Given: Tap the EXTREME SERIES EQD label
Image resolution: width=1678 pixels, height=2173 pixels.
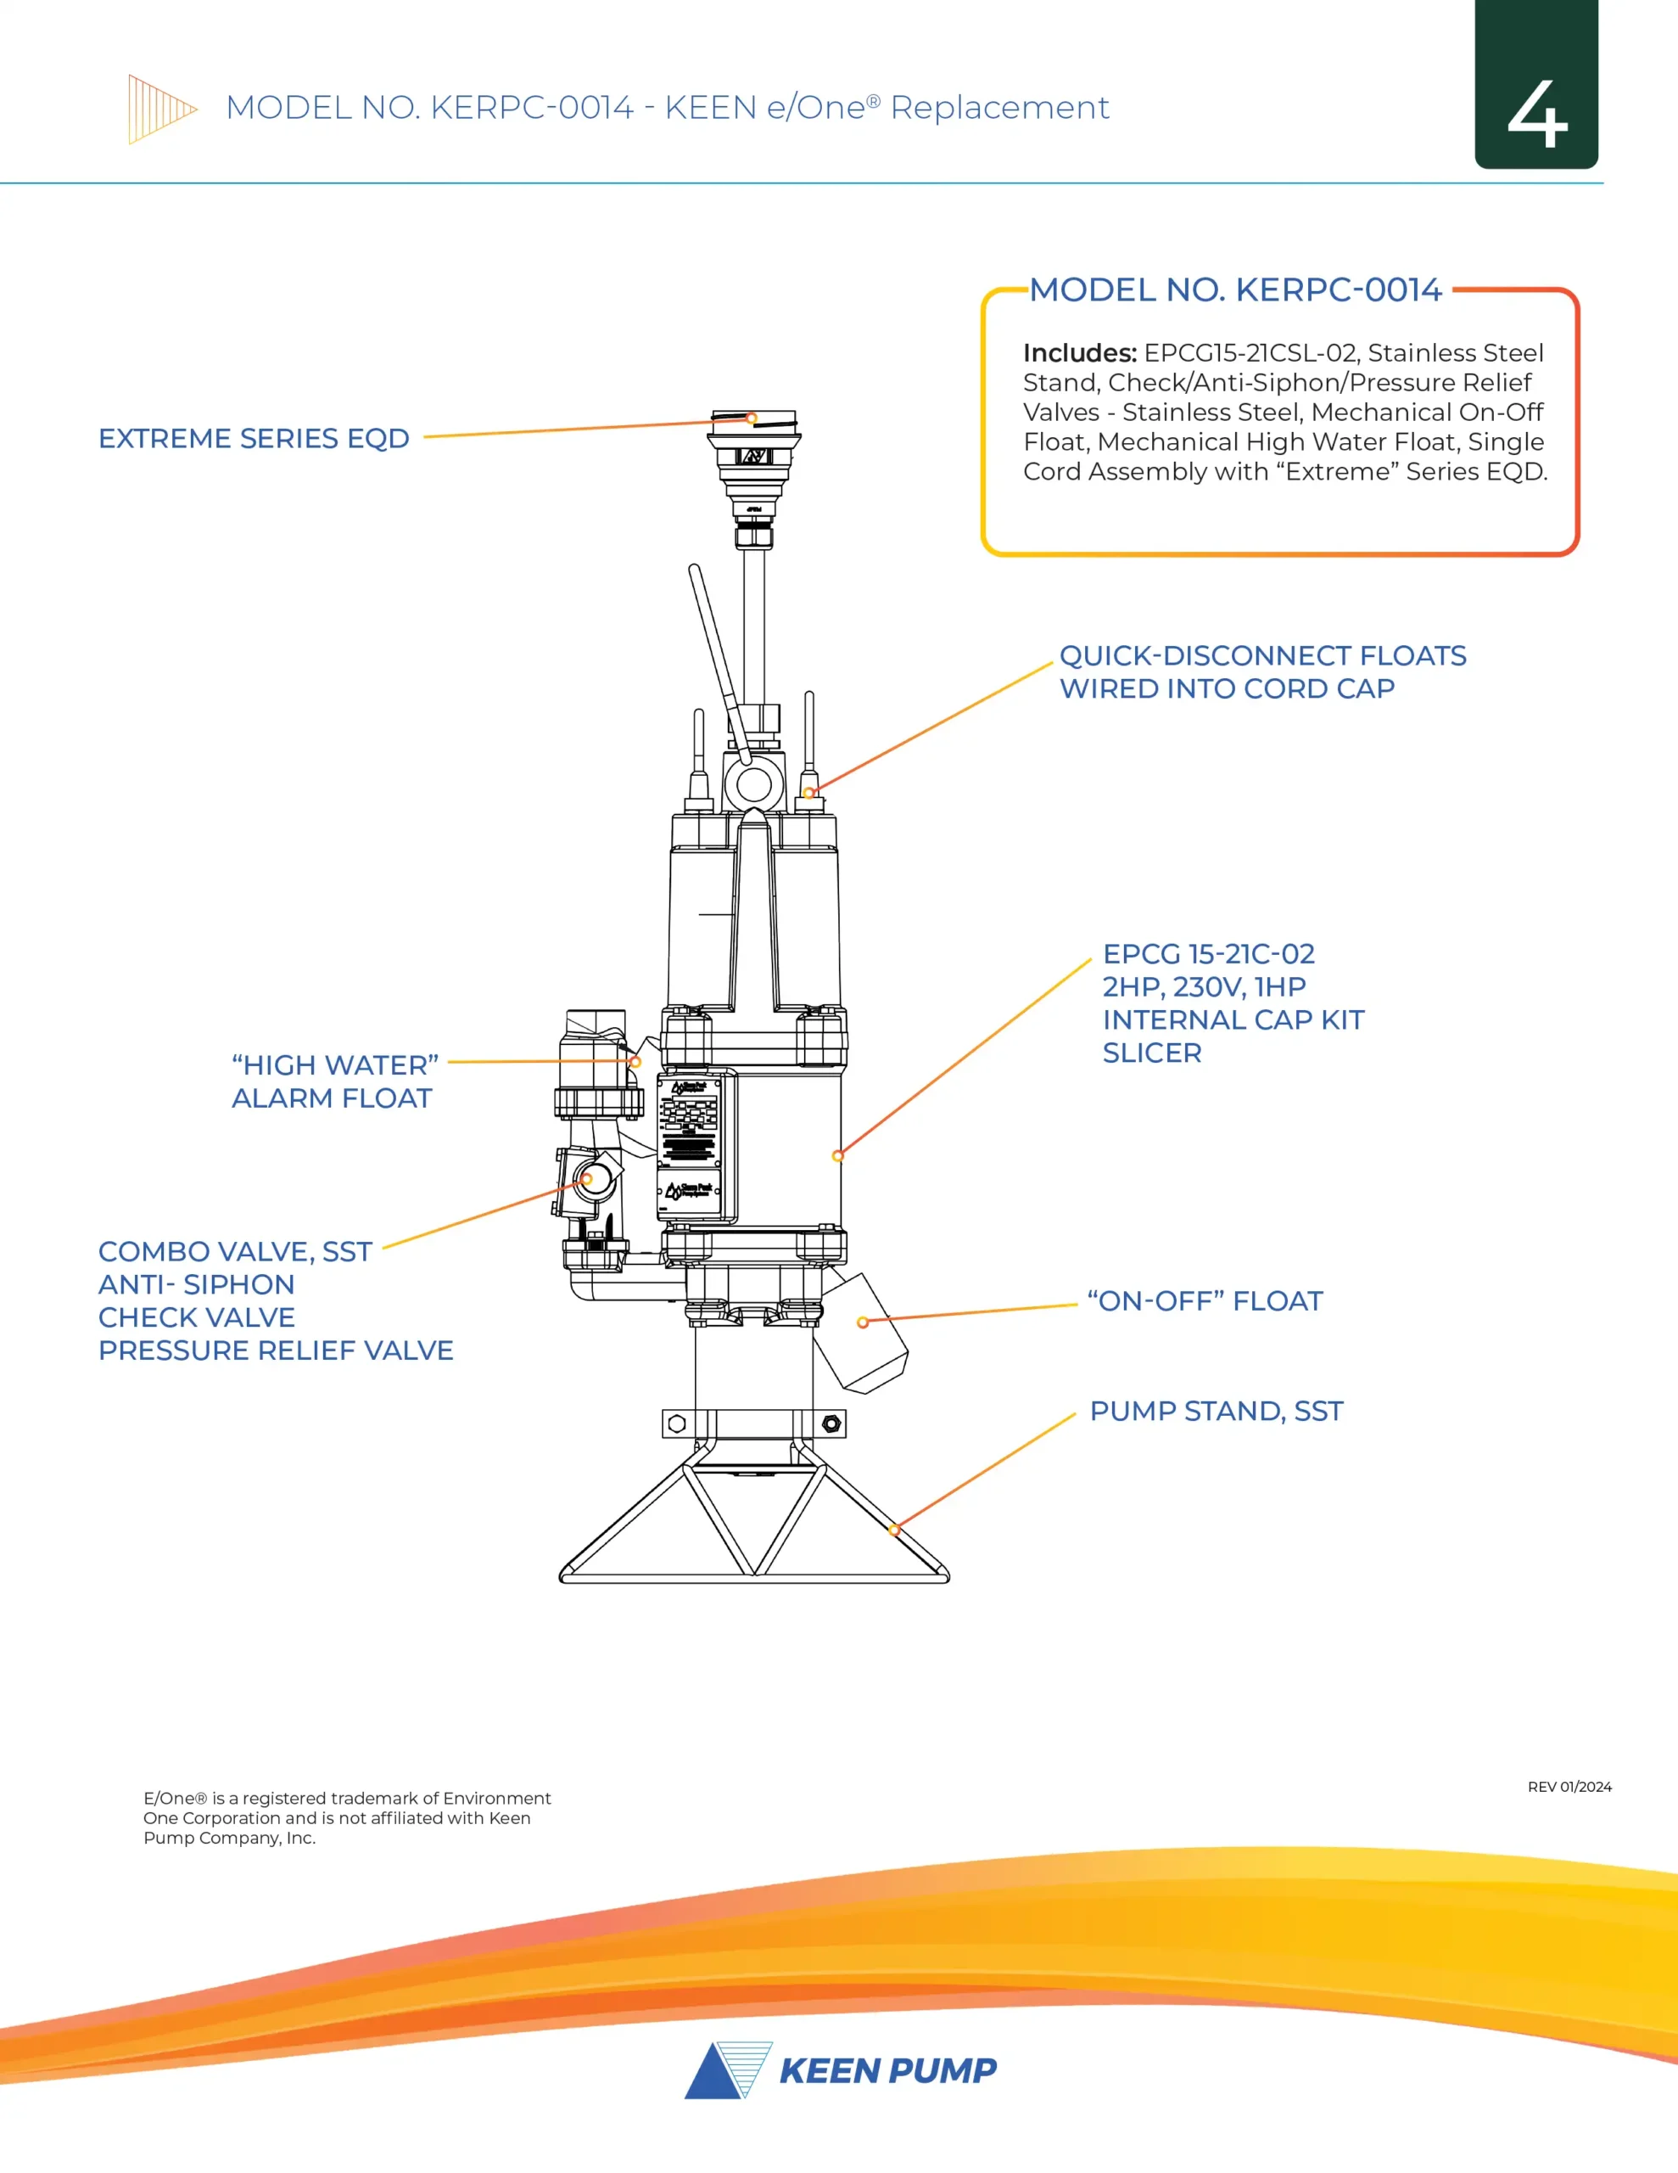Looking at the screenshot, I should click(254, 439).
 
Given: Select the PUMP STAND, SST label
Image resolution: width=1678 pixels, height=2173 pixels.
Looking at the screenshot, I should click(1216, 1411).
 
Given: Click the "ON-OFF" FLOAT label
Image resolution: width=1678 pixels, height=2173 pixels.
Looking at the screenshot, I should click(1205, 1301).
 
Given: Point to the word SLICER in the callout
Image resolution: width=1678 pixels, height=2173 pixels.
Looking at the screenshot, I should click(1152, 1053).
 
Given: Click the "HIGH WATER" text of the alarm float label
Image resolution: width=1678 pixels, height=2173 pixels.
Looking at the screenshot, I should click(335, 1065).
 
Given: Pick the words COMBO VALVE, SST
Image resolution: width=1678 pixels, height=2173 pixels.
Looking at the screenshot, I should click(235, 1252).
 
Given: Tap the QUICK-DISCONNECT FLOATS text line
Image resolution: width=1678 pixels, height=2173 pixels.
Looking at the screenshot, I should click(1262, 655).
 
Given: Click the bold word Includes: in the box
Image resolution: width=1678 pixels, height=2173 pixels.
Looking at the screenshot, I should click(1079, 353).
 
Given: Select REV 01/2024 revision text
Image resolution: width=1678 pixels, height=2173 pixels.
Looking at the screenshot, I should click(1569, 1787).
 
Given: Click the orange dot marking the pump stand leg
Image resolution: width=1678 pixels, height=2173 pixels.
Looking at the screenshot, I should click(894, 1530).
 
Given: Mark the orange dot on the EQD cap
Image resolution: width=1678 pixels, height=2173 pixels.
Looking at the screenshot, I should click(752, 418).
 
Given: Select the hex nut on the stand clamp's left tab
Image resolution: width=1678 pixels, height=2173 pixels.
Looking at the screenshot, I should click(677, 1423).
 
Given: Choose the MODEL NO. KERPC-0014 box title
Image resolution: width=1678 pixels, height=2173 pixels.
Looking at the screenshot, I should click(1234, 289).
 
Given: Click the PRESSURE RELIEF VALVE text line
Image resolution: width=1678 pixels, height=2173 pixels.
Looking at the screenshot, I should click(276, 1350).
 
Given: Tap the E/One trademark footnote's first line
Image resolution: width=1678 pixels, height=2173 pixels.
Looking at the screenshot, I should click(347, 1798).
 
